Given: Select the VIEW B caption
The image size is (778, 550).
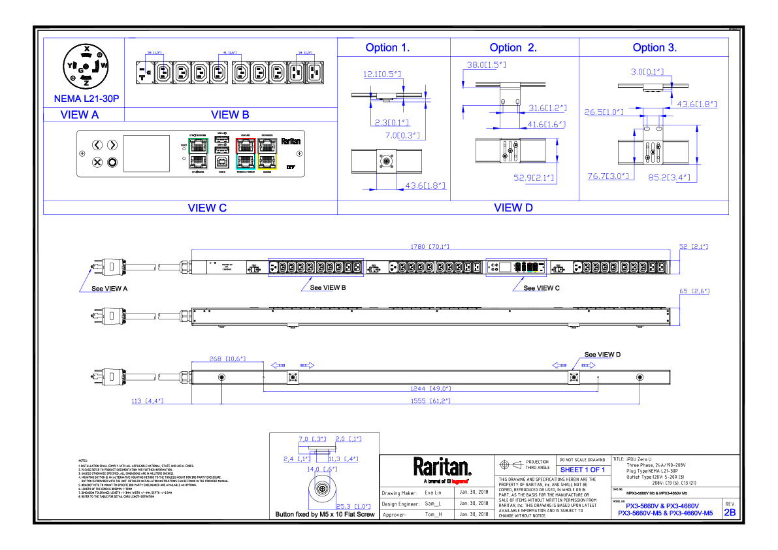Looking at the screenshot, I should pyautogui.click(x=230, y=115).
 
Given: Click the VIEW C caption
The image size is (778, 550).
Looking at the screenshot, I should pyautogui.click(x=207, y=208).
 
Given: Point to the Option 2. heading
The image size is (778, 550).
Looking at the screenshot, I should pyautogui.click(x=513, y=48).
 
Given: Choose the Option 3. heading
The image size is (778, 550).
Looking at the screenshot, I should pyautogui.click(x=655, y=48).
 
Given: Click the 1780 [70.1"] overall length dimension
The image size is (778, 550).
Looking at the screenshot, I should pyautogui.click(x=429, y=246).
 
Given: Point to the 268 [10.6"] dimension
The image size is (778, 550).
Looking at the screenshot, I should pyautogui.click(x=226, y=359).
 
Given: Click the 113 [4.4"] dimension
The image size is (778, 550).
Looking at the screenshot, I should pyautogui.click(x=147, y=401).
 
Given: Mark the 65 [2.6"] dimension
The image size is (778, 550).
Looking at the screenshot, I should pyautogui.click(x=694, y=291).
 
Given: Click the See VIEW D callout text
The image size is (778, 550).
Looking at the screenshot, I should pyautogui.click(x=602, y=355).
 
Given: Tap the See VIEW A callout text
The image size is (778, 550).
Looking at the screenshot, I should pyautogui.click(x=109, y=288).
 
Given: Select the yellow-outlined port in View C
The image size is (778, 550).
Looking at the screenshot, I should pyautogui.click(x=268, y=161).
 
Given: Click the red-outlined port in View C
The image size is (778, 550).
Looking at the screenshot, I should pyautogui.click(x=245, y=145).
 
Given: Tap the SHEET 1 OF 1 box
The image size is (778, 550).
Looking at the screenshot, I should pyautogui.click(x=583, y=470).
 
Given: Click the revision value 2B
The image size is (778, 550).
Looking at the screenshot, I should pyautogui.click(x=730, y=513).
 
